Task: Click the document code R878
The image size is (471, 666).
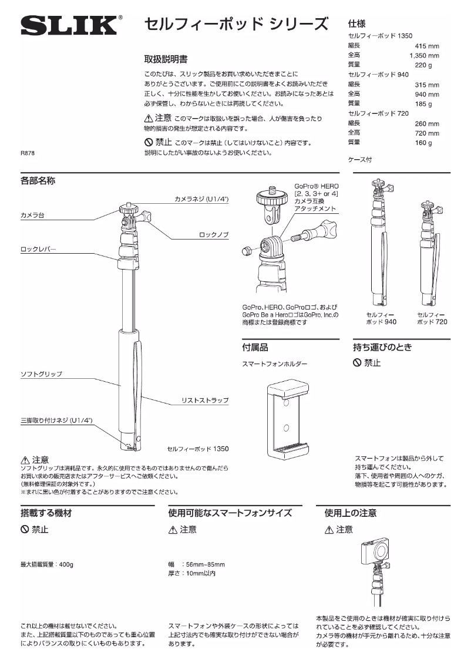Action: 28,154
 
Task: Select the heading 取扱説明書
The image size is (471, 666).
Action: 166,59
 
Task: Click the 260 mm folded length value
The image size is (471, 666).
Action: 426,124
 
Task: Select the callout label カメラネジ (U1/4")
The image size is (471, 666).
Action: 201,200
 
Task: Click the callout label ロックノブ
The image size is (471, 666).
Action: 213,235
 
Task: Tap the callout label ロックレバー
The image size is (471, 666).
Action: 38,250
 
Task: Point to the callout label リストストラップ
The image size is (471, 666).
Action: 205,401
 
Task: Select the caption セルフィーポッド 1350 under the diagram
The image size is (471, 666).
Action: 197,449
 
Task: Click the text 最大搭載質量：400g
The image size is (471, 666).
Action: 47,565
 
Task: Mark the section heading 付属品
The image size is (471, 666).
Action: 255,347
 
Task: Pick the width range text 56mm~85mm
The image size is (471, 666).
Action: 204,565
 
